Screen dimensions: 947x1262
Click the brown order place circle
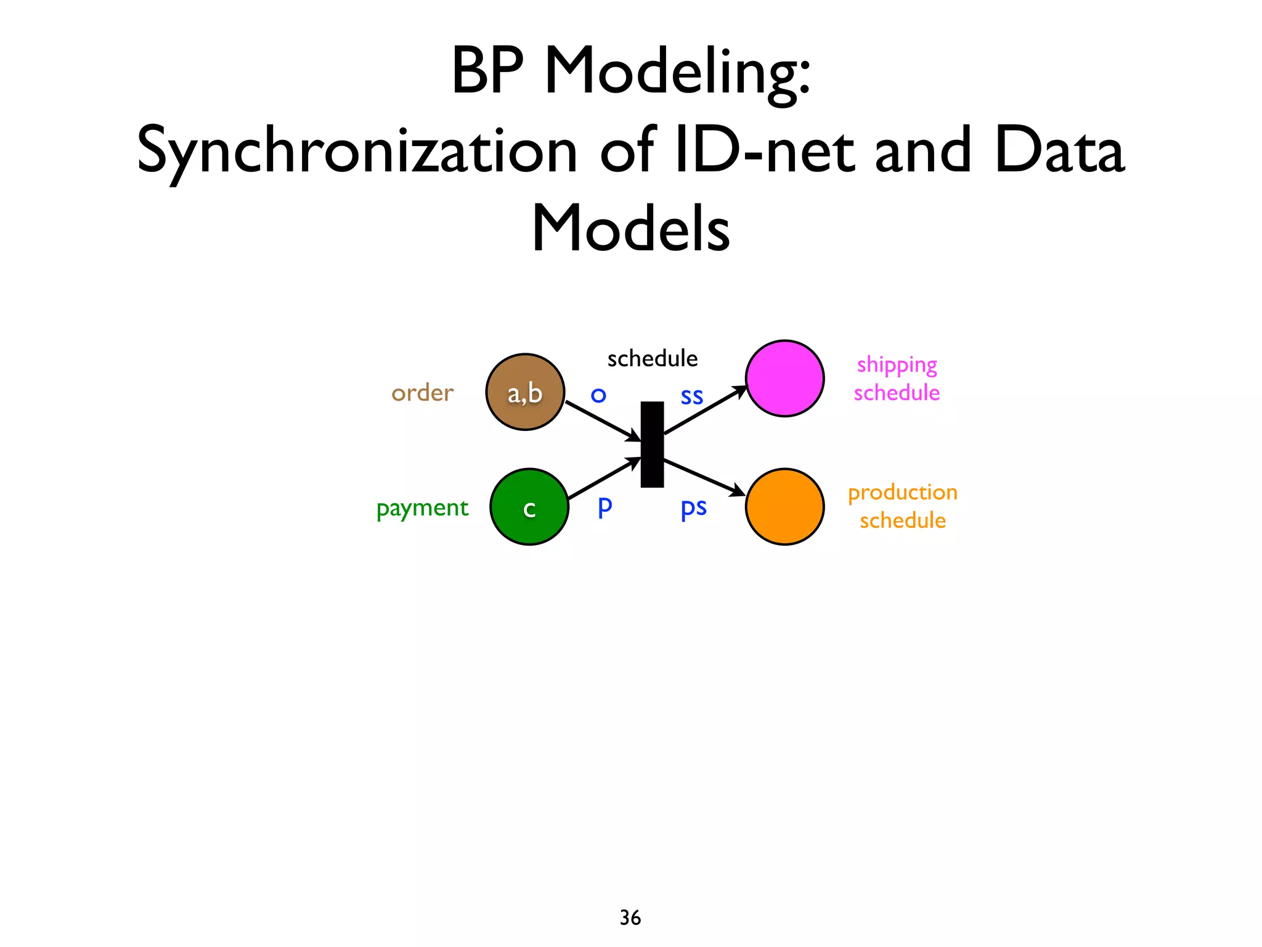pyautogui.click(x=525, y=392)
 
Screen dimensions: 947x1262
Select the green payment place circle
pyautogui.click(x=529, y=507)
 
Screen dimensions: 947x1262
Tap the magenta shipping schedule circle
pyautogui.click(x=784, y=379)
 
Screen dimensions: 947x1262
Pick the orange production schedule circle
pyautogui.click(x=784, y=507)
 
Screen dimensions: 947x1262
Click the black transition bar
pyautogui.click(x=652, y=445)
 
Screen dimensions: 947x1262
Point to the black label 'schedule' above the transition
pyautogui.click(x=652, y=359)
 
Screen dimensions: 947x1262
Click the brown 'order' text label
pyautogui.click(x=423, y=393)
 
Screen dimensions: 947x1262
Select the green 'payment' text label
pyautogui.click(x=423, y=508)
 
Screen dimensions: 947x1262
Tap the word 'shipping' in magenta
pyautogui.click(x=897, y=365)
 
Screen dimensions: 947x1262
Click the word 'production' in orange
pyautogui.click(x=903, y=493)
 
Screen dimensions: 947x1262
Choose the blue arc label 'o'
pyautogui.click(x=598, y=395)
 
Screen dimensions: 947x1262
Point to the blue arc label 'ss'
pyautogui.click(x=692, y=396)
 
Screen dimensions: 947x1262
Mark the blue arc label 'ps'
pyautogui.click(x=693, y=508)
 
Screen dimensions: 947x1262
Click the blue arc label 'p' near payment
pyautogui.click(x=605, y=507)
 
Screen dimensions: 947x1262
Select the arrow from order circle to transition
pyautogui.click(x=603, y=421)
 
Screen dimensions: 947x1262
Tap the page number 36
pyautogui.click(x=630, y=917)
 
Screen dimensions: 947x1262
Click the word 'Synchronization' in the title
pyautogui.click(x=357, y=151)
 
